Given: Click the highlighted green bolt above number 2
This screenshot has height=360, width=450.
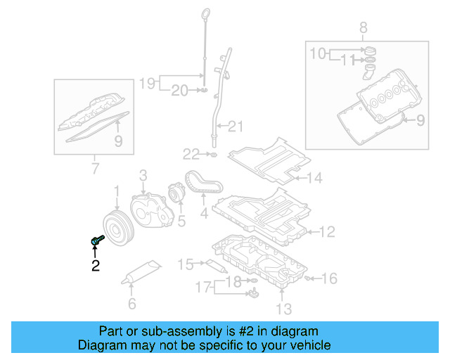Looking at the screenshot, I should [97, 240].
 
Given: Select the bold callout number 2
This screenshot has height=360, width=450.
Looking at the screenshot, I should [95, 265].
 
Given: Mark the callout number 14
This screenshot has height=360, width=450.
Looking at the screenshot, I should [314, 178].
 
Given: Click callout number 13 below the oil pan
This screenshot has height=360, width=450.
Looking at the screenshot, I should [283, 307].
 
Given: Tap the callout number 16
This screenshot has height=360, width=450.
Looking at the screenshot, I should [330, 278].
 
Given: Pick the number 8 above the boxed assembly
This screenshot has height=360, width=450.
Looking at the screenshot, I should [363, 27].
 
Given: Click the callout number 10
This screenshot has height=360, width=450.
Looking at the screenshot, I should [318, 53].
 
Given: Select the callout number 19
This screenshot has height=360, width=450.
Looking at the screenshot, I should [146, 84].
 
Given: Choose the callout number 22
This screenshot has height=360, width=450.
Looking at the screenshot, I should [192, 153].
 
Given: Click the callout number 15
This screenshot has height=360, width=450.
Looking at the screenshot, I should [185, 264].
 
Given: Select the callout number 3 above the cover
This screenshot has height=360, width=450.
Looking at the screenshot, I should [142, 174].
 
